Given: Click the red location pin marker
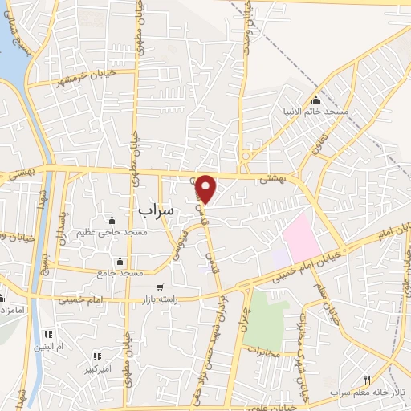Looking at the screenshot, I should pos(206,189).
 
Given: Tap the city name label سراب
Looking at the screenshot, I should pos(155,210).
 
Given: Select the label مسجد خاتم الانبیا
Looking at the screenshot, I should pos(314,112).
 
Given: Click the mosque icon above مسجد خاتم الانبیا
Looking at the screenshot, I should pos(315,100).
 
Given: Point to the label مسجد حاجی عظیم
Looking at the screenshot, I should pos(111,232).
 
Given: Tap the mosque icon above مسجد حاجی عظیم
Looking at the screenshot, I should pos(111,221).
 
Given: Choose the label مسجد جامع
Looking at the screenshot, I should pos(120,273).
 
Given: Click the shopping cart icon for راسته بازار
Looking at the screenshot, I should pos(160,287).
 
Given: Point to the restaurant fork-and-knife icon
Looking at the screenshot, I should pos(368,380).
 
